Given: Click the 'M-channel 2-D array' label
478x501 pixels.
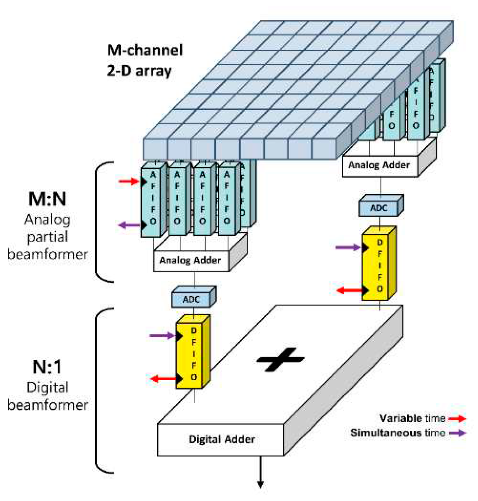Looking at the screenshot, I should pos(145,60).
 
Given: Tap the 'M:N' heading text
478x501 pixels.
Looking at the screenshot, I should pos(47,199).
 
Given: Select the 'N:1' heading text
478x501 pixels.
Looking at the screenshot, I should pos(47,367).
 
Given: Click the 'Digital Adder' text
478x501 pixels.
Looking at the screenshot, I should pos(222,439).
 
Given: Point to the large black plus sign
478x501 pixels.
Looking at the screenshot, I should pos(280,359).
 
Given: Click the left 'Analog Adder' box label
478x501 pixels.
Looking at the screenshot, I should pos(190,260).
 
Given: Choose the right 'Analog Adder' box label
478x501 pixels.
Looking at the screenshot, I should pos(379,165).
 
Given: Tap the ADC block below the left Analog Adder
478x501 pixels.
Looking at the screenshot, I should pos(192,299).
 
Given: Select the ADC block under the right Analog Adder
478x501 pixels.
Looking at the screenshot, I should pos(379,208).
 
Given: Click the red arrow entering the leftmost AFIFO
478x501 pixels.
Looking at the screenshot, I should pos(128,181).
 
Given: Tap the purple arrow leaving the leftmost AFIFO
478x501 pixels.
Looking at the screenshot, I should pos(128,225).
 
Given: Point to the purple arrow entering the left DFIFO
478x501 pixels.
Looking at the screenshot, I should pos(162,336).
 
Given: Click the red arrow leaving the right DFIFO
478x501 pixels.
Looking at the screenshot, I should pos(349,290).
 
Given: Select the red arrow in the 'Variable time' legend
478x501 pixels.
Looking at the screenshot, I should pos(457,418).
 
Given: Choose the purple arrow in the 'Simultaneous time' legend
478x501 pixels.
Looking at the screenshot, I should pos(457,433).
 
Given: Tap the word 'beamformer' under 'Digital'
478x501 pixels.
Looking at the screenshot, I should pos(48,405).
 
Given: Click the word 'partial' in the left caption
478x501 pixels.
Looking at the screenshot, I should pos(48,237).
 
